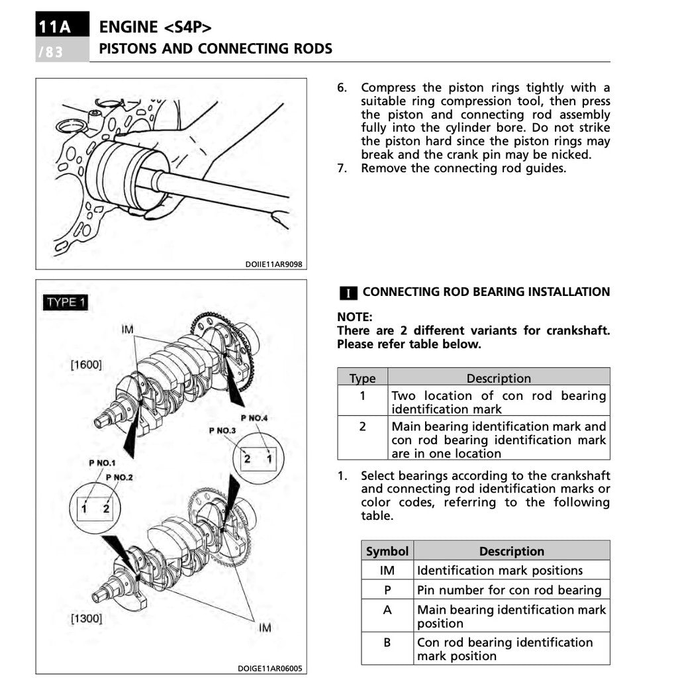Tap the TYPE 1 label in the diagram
[66, 303]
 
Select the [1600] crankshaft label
[86, 364]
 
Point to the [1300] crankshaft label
[86, 618]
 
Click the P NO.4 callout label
[254, 418]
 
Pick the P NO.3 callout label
[222, 431]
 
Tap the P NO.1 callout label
[102, 463]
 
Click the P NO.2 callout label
[119, 477]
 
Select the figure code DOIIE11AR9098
[273, 264]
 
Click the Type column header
[362, 378]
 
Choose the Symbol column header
[387, 551]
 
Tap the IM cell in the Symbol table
[387, 570]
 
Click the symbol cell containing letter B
[387, 642]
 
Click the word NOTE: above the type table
[355, 317]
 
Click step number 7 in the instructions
[342, 168]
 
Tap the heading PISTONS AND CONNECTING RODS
[216, 48]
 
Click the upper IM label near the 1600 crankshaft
[127, 329]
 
